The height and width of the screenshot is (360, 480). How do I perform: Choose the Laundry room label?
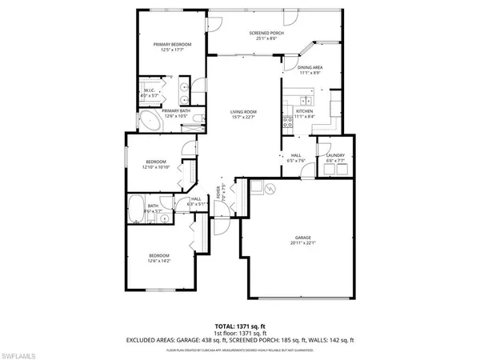(335, 156)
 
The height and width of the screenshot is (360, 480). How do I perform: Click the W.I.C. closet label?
(149, 90)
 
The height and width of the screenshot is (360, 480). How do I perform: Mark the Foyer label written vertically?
(218, 192)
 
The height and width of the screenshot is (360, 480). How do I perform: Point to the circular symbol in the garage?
(270, 189)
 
